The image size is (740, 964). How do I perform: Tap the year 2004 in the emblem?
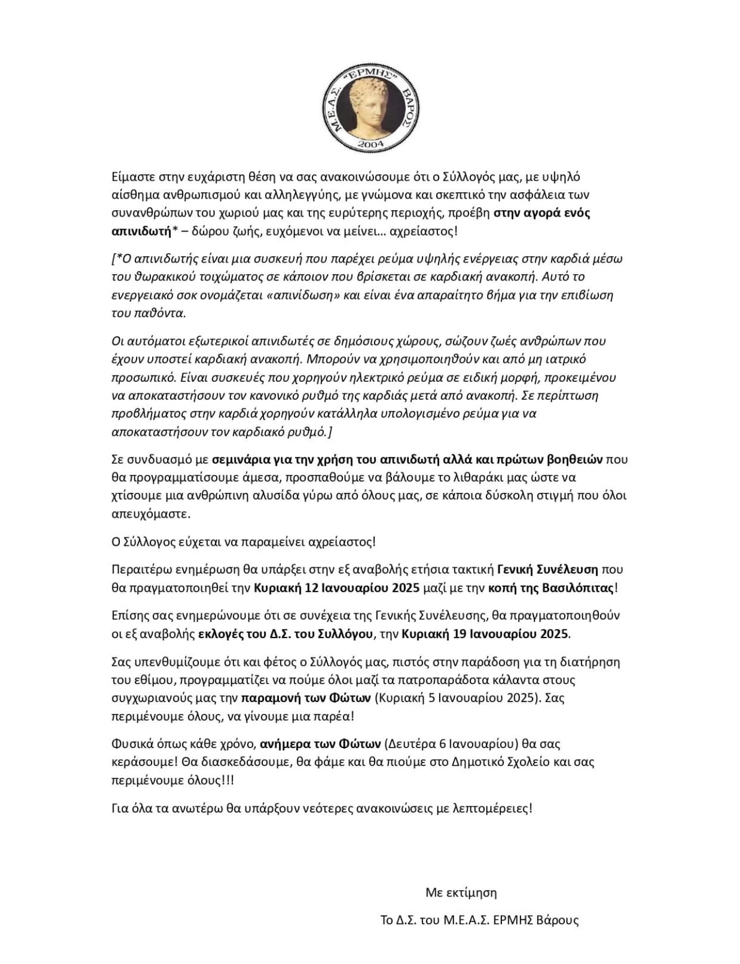pyautogui.click(x=369, y=145)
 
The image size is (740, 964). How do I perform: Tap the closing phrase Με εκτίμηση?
pyautogui.click(x=461, y=893)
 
